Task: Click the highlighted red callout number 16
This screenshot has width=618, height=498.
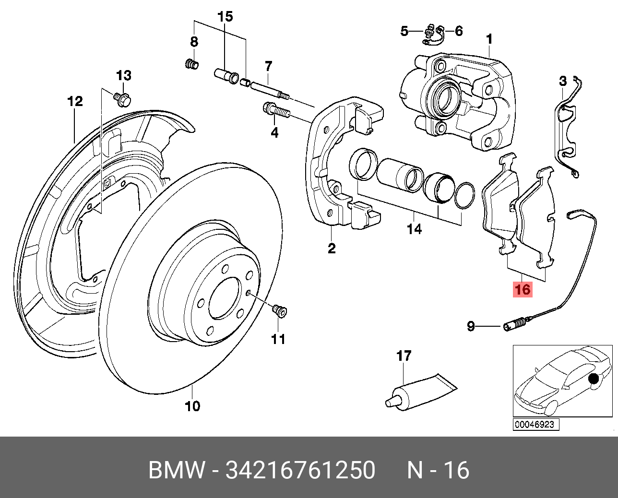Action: click(x=523, y=289)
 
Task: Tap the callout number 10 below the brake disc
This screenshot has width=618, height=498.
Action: click(x=192, y=406)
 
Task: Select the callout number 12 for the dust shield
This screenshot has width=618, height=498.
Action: click(x=75, y=101)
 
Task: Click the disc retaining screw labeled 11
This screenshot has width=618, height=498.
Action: click(x=279, y=312)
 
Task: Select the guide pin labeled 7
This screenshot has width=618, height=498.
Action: click(x=269, y=90)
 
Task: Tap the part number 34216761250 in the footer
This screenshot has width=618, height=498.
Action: click(x=300, y=470)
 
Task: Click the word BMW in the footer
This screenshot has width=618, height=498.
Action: click(x=177, y=470)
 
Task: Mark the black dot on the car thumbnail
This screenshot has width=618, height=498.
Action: click(x=594, y=379)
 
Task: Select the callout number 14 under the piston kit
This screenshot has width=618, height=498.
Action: click(x=414, y=229)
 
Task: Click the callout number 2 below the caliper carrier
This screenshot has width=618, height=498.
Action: click(x=332, y=248)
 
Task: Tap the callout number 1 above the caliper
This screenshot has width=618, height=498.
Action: click(x=489, y=38)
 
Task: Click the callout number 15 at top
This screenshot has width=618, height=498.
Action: click(x=225, y=17)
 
